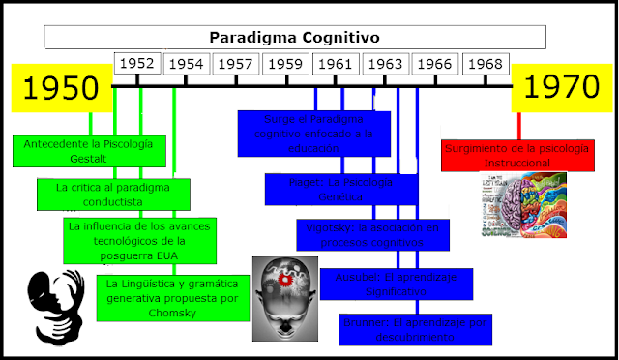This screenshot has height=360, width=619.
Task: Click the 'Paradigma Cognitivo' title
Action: point(295,38)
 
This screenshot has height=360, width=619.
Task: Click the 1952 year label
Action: point(137,64)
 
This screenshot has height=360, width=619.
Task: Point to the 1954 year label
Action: point(187,64)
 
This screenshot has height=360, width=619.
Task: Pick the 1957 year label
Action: point(236,64)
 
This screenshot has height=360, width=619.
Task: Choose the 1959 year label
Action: point(286,64)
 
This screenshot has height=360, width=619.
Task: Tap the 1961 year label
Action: point(336,64)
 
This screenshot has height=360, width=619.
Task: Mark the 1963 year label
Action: point(386,64)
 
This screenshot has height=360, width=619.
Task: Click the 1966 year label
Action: point(435,64)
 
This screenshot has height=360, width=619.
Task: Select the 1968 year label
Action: point(486,64)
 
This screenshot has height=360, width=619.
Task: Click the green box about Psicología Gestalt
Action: point(89,150)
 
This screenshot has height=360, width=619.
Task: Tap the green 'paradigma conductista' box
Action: point(113,193)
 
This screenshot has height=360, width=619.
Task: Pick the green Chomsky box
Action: point(174,297)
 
